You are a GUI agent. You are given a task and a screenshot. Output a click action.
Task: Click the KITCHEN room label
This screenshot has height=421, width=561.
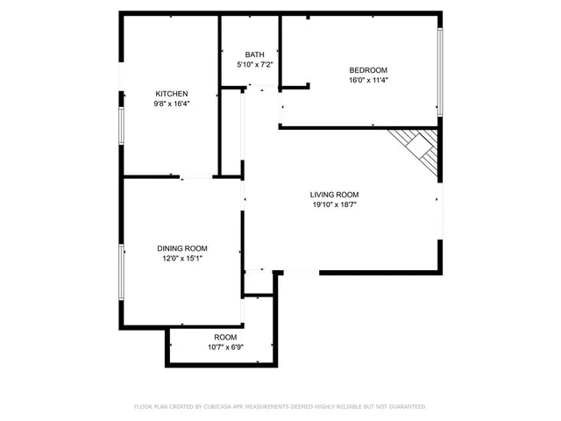point(172,94)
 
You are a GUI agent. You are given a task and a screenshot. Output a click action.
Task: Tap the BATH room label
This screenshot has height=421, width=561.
point(254,55)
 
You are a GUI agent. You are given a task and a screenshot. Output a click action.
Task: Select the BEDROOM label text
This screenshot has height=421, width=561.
point(368,70)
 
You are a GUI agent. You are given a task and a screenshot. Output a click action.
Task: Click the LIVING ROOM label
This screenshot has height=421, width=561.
point(334,195)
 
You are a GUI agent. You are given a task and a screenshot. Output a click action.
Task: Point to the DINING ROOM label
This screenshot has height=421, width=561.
point(182,249)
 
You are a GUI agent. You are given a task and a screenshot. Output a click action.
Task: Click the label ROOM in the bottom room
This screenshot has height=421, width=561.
point(225,338)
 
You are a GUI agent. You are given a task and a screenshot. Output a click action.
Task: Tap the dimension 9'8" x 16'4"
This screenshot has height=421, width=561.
point(172,103)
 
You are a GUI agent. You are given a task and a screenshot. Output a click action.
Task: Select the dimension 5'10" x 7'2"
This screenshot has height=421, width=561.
point(254,65)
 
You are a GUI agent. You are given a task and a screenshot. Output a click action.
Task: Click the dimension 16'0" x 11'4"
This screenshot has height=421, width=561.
point(368,80)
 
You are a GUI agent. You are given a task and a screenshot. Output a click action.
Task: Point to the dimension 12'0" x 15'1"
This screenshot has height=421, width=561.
point(182,259)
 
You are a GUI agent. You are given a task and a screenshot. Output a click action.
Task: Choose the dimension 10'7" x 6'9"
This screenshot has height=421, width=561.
point(225,347)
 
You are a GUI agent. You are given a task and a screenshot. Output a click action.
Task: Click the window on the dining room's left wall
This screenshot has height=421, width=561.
point(122,272)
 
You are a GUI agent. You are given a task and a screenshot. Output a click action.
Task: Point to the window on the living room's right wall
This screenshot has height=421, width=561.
point(441,210)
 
